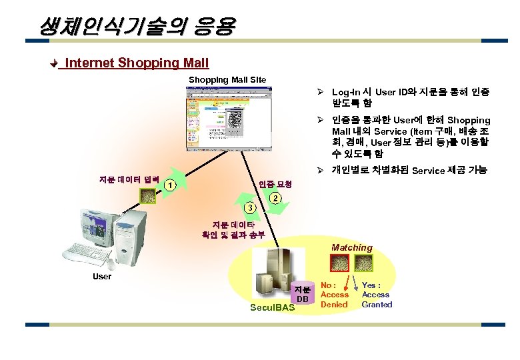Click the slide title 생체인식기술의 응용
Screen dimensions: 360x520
click(137, 26)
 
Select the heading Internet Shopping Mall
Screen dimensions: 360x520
click(137, 63)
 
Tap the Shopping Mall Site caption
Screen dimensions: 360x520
click(227, 80)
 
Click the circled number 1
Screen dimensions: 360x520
click(171, 186)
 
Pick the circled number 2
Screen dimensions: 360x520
click(275, 199)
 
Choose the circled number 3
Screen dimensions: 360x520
click(249, 208)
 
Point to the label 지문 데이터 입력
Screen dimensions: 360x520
click(127, 180)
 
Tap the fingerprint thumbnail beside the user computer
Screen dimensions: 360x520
click(147, 195)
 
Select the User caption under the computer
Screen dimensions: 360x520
click(102, 276)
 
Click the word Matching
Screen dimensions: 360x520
click(352, 247)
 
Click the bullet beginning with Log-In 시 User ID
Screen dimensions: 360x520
click(403, 97)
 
